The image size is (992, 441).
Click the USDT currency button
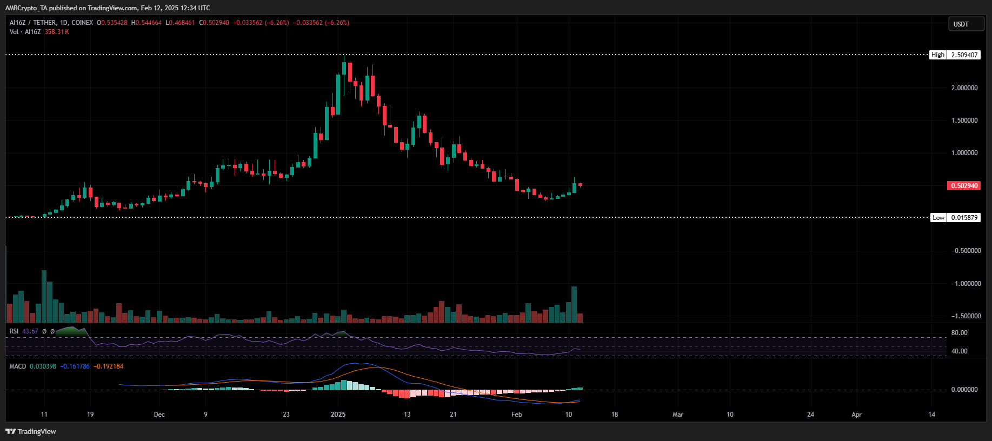coord(966,24)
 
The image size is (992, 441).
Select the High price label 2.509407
coord(964,55)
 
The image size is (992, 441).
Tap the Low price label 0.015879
coord(964,218)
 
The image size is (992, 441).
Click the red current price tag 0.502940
coord(964,186)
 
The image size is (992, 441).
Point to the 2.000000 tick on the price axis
coord(964,88)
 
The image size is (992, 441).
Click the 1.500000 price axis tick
coord(964,121)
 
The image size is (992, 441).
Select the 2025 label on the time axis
coord(338,415)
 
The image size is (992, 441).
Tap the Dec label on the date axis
coord(159,415)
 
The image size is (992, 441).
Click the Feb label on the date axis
coord(517,415)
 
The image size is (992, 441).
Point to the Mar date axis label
coord(678,415)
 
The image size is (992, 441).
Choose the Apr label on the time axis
coord(856,415)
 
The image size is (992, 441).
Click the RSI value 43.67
coord(30,331)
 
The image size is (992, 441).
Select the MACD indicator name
coord(18,366)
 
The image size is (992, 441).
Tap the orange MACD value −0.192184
coord(109,366)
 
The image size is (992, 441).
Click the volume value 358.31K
coord(57,32)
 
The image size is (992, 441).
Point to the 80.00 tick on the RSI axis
coord(959,333)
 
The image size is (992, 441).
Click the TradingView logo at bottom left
coord(31,431)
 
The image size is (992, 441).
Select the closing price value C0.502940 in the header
coord(214,23)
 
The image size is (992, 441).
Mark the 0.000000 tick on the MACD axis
coord(964,390)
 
